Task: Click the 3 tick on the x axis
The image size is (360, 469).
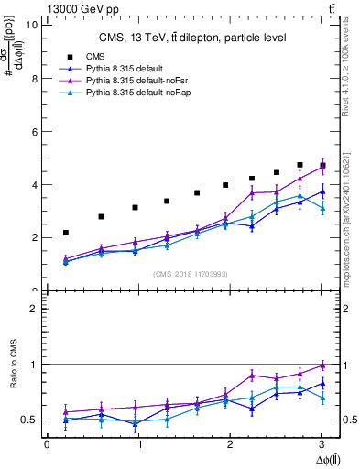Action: point(322,444)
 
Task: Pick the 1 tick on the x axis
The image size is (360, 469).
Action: point(138,444)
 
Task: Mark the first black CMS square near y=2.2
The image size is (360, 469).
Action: point(65,233)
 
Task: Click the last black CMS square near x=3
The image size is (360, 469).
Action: point(322,166)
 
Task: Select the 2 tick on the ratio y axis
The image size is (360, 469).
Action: point(34,310)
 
